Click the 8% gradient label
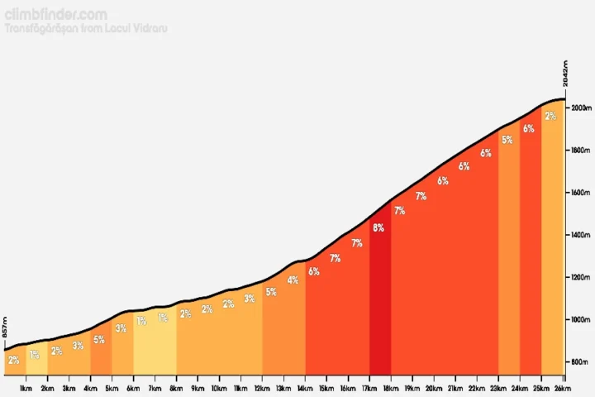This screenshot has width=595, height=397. click(x=378, y=228)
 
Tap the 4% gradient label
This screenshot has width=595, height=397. click(x=293, y=280)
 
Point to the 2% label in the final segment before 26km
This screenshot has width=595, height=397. click(x=550, y=117)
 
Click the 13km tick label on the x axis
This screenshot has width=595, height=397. click(x=283, y=388)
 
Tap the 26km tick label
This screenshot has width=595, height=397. click(x=562, y=388)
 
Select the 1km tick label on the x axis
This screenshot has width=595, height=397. click(x=26, y=388)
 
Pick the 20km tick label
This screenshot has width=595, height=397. click(x=433, y=388)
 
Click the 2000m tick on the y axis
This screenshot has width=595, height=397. click(x=581, y=108)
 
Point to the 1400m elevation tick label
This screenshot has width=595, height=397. click(x=581, y=236)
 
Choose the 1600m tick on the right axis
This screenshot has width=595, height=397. click(x=581, y=194)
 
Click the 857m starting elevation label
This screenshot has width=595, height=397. click(x=7, y=327)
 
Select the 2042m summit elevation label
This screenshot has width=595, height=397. click(x=567, y=73)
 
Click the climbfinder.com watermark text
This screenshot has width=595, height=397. click(x=55, y=15)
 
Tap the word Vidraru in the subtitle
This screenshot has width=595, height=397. click(x=151, y=30)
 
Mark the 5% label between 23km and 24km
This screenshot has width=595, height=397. click(x=507, y=140)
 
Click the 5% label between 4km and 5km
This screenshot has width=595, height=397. click(x=99, y=340)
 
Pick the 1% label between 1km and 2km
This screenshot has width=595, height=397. click(x=35, y=355)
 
